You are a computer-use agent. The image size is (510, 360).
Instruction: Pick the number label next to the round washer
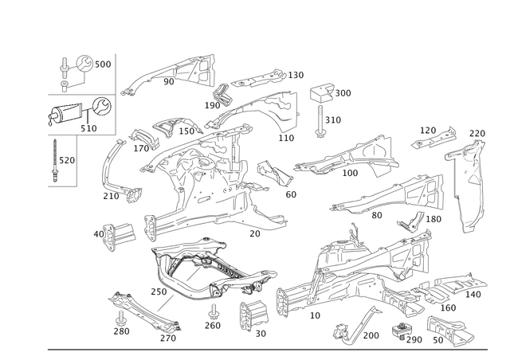105,62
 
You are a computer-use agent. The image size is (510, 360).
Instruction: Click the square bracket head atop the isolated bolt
320,91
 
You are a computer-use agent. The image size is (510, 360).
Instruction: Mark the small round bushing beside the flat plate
405,328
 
